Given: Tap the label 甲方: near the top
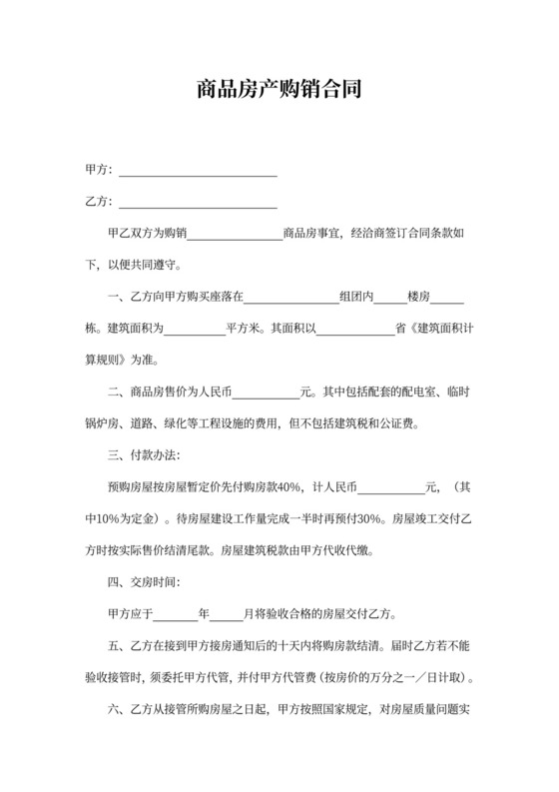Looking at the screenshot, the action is tap(99, 171).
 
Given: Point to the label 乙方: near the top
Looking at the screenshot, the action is tap(99, 202).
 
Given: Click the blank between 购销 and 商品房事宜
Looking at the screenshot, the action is tap(236, 236).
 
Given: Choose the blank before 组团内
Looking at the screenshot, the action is tap(290, 299).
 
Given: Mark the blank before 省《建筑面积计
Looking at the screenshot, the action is tap(355, 329).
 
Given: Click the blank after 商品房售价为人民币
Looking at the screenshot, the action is tap(274, 393).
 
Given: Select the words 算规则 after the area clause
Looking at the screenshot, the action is tap(105, 361).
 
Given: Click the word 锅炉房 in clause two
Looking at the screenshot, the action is tap(104, 423).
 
